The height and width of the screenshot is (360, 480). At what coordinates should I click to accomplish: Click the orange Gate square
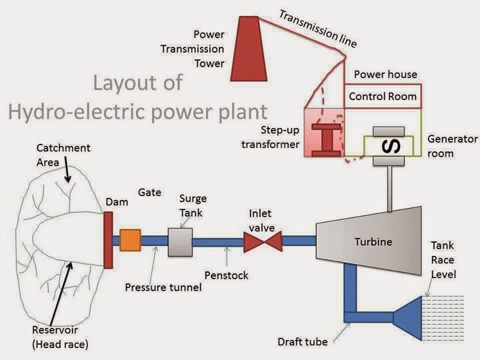tap(130, 239)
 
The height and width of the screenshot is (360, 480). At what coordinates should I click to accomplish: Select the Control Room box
tap(383, 97)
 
